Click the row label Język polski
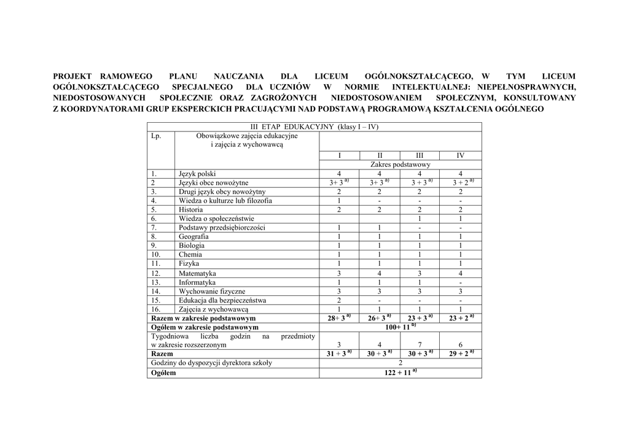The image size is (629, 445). (x=197, y=174)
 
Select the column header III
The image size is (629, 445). (x=420, y=155)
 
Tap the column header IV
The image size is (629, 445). (x=460, y=155)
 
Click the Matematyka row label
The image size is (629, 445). (x=197, y=273)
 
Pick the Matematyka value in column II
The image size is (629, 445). (x=380, y=273)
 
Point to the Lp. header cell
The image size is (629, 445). (x=156, y=136)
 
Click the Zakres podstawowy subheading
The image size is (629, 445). (x=400, y=164)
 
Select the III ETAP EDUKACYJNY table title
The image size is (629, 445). (x=314, y=127)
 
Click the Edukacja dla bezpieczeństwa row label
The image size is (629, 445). (x=222, y=301)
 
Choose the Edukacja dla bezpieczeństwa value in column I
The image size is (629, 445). (x=339, y=301)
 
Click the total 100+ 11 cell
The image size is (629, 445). (x=400, y=328)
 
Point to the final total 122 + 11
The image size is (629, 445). (x=400, y=373)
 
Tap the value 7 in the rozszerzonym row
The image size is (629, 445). (x=420, y=345)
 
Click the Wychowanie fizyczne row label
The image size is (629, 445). (x=212, y=292)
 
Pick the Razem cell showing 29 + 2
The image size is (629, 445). (x=460, y=354)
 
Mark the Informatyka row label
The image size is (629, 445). (x=197, y=282)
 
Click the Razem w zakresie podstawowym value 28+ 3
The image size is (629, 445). (x=339, y=319)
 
